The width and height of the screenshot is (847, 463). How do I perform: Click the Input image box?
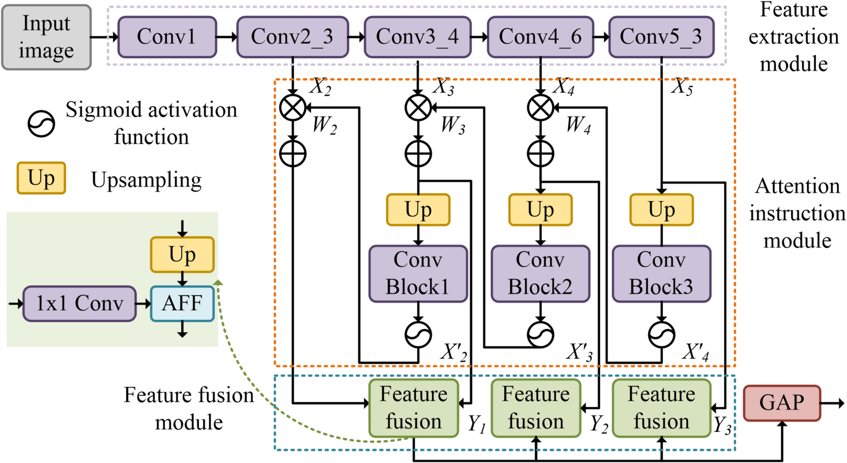(x=46, y=37)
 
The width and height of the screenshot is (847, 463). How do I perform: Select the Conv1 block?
(x=167, y=37)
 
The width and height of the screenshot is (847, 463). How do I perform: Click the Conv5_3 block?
(x=661, y=37)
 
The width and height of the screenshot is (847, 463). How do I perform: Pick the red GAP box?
(x=781, y=403)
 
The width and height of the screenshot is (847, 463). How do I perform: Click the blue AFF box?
(x=182, y=303)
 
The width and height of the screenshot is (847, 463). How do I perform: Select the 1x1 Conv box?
(x=79, y=303)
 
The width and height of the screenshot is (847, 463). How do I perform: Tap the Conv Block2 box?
(x=540, y=274)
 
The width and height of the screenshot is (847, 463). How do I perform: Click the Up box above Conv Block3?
(x=661, y=210)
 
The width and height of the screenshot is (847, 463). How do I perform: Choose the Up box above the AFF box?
(x=182, y=255)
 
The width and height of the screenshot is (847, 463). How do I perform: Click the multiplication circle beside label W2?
(x=293, y=108)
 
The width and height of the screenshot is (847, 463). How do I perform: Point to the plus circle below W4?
(x=540, y=154)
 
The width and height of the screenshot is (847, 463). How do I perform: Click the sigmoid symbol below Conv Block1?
(x=418, y=335)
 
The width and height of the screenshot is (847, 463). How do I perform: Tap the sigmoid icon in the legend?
(x=41, y=124)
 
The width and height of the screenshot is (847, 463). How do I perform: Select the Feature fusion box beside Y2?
(x=535, y=408)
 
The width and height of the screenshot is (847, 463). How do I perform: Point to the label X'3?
(x=580, y=352)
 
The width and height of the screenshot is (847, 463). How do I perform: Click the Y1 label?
(x=477, y=423)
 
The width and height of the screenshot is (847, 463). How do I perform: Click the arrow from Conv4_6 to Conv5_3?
(x=601, y=37)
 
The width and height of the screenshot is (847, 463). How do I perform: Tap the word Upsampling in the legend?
(x=146, y=180)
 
